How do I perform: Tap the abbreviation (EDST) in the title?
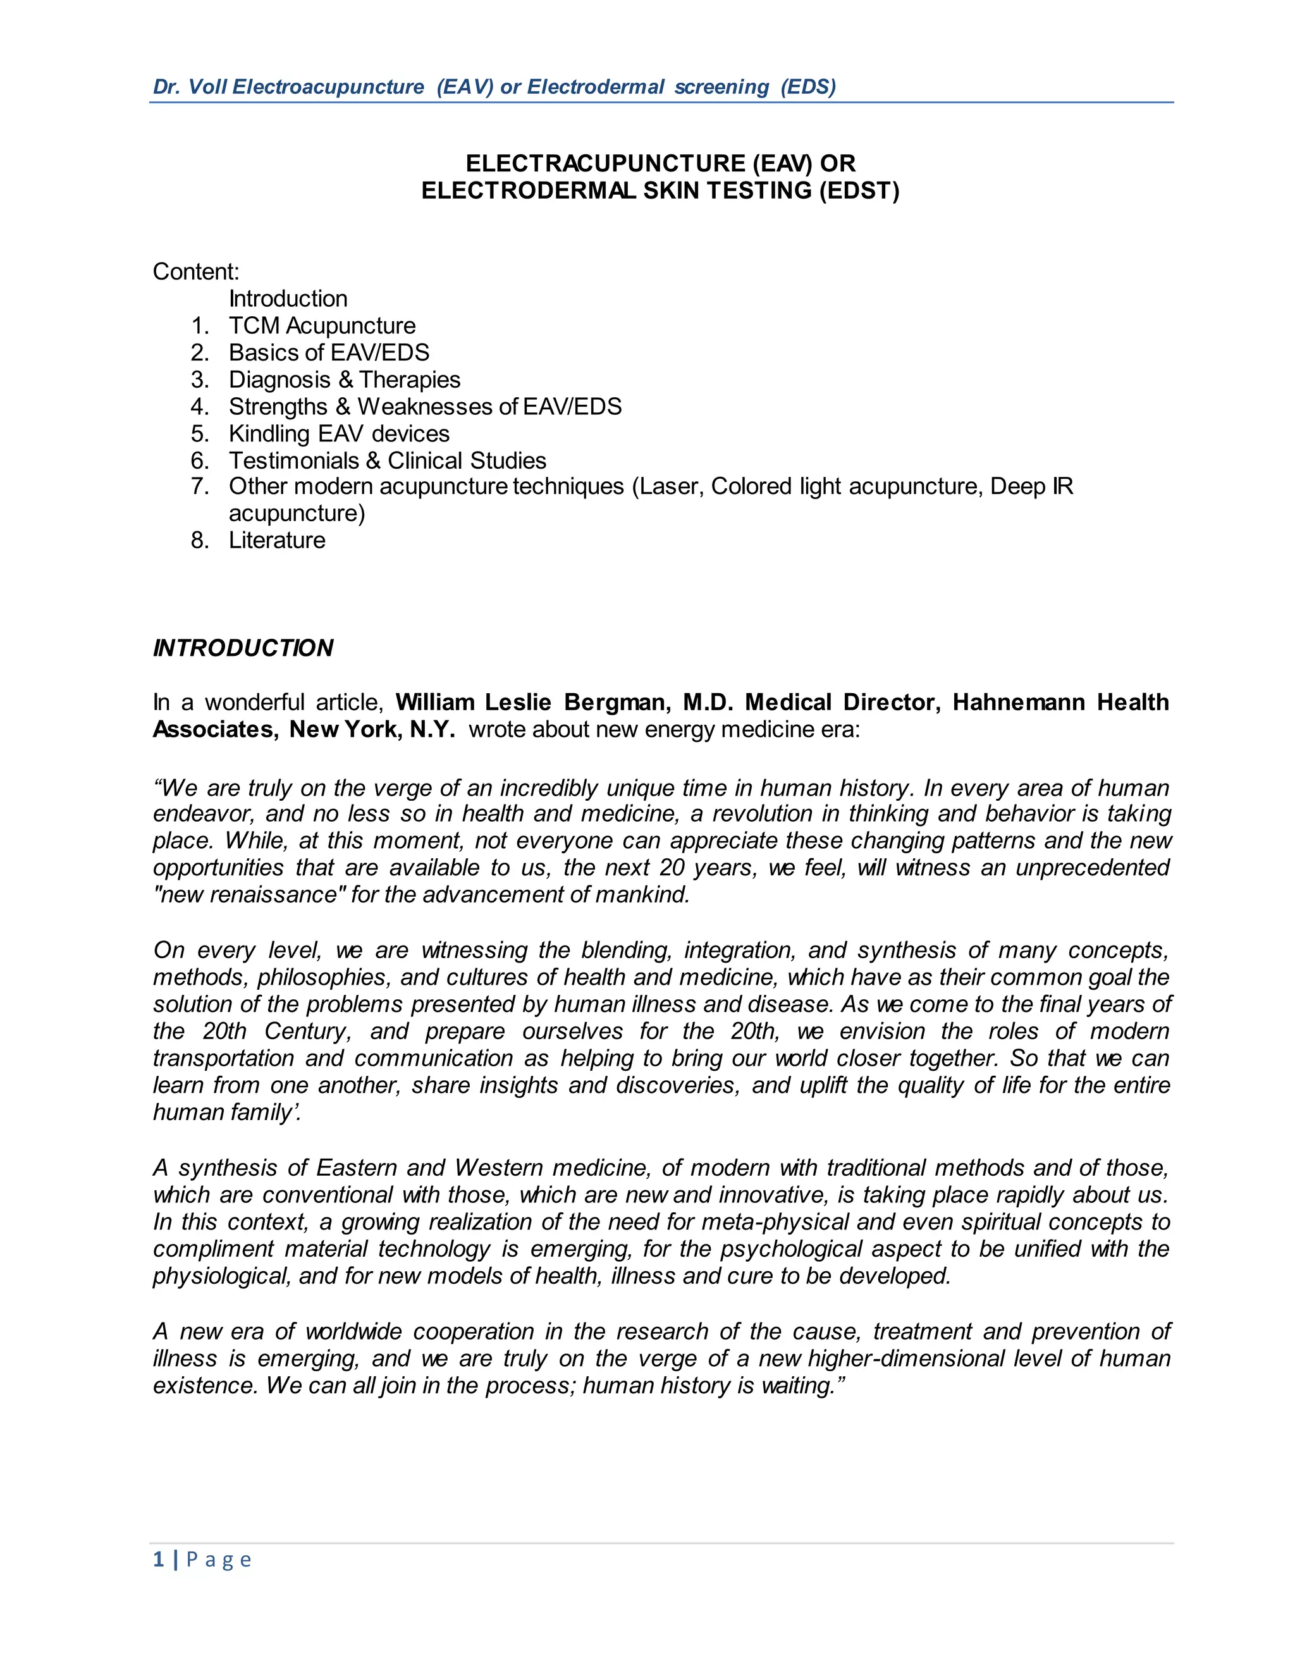pos(859,190)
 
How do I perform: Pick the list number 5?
pos(199,434)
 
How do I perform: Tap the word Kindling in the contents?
pos(269,434)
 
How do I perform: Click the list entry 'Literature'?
pos(277,540)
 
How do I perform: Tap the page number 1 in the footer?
pos(159,1560)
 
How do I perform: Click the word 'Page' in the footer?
pos(219,1560)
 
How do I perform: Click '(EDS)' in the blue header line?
pos(808,87)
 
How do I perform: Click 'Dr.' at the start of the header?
pos(166,87)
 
